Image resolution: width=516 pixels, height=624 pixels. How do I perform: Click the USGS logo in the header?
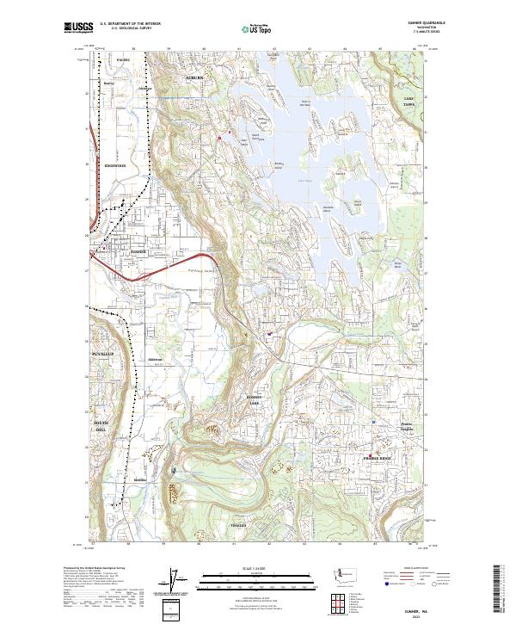click(79, 28)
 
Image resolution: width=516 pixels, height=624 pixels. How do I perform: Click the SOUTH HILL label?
click(102, 425)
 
